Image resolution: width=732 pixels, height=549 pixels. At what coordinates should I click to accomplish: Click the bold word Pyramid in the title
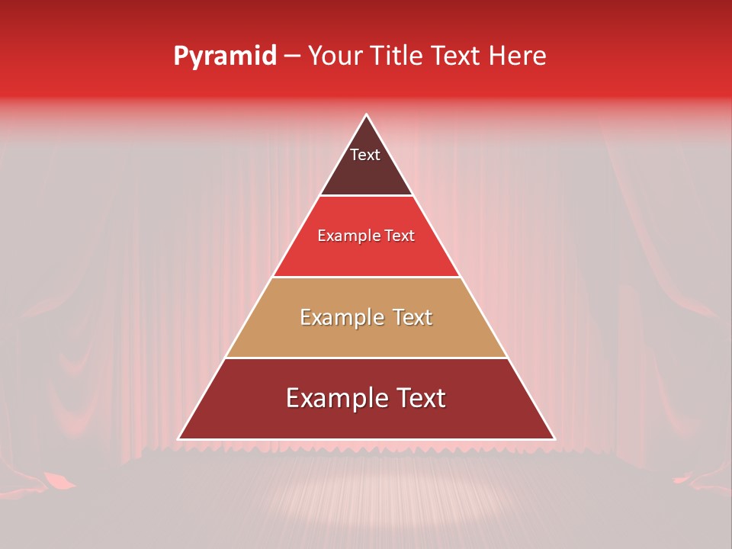tap(225, 56)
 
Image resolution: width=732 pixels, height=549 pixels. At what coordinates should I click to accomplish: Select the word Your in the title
tap(338, 56)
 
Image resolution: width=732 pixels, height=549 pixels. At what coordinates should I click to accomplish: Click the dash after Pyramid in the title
tap(292, 57)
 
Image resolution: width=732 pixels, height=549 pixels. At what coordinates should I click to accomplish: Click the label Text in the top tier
tap(365, 155)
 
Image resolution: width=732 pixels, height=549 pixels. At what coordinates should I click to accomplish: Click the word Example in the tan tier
tap(342, 317)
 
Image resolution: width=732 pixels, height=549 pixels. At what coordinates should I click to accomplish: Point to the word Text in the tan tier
tap(413, 317)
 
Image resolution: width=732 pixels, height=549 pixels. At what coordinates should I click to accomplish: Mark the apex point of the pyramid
tap(366, 115)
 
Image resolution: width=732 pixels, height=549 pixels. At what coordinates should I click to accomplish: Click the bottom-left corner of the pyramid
tap(178, 439)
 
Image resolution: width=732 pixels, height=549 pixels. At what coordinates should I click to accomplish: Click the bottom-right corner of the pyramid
tap(554, 439)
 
